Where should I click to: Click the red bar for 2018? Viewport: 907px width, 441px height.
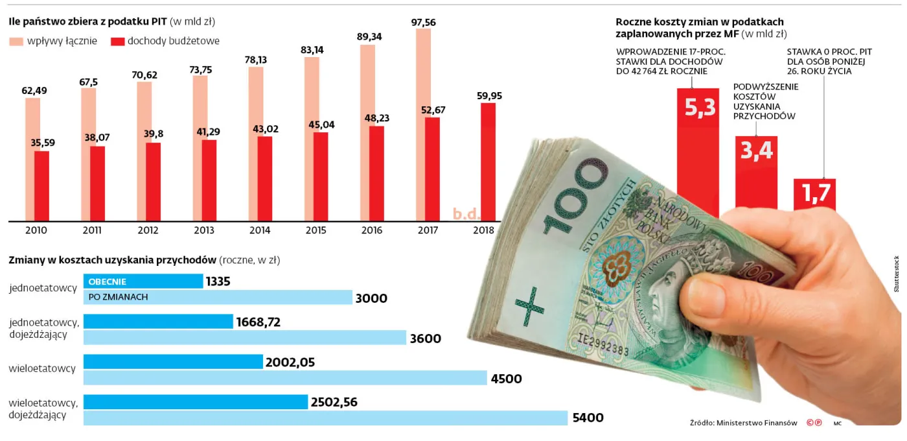coord(488,162)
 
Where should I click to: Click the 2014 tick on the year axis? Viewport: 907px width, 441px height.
coord(260,230)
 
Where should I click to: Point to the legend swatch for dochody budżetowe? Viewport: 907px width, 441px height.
coord(117,42)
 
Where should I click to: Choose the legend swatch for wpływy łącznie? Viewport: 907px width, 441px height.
coord(16,42)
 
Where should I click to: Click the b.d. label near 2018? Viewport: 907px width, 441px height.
coord(465,213)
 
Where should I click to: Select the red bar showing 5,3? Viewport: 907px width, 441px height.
coord(697,149)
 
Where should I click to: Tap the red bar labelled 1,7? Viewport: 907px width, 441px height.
coord(814,194)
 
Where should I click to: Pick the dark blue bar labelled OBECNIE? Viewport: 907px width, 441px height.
coord(143,281)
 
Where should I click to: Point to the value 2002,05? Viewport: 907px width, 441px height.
coord(290,363)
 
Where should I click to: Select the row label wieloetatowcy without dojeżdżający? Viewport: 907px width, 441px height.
coord(42,368)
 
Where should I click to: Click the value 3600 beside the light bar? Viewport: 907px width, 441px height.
coord(425,338)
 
